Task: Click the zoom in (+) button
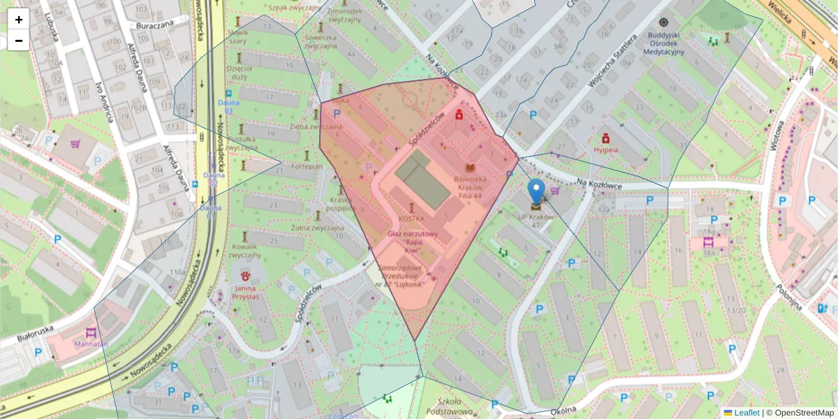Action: (x=19, y=20)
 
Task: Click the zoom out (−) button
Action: (x=19, y=41)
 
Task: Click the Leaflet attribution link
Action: (x=746, y=413)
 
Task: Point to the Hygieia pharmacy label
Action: (x=605, y=149)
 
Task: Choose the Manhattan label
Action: (x=91, y=344)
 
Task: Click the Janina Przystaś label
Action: (x=246, y=293)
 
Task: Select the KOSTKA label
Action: (x=411, y=219)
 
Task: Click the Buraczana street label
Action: (x=154, y=24)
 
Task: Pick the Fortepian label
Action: (x=307, y=167)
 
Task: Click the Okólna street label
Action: (x=566, y=411)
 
